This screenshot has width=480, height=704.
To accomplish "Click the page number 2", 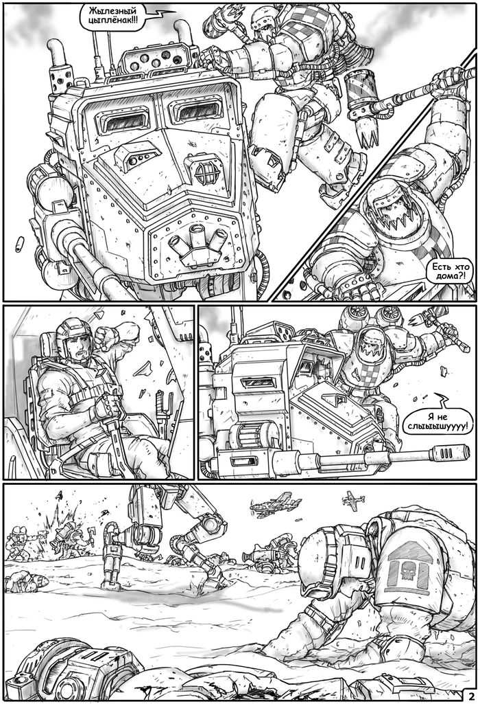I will coord(472,694).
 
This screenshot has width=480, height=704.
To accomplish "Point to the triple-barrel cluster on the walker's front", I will coord(199,242).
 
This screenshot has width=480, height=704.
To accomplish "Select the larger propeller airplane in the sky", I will coord(275,504).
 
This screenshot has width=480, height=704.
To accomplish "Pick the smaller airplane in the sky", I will coord(353,499).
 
